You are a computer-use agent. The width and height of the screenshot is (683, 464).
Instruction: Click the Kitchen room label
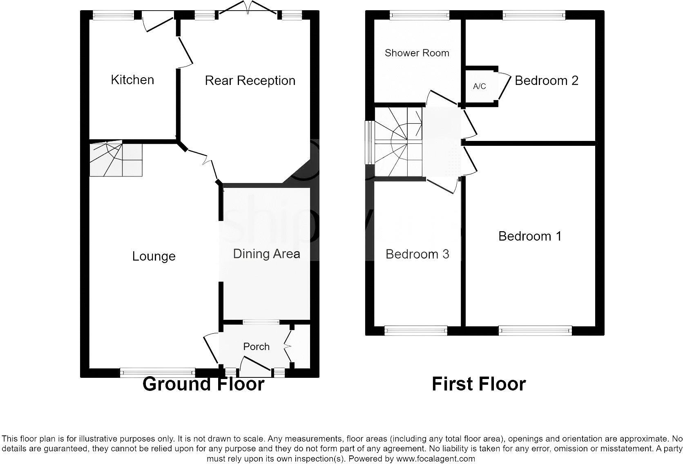(x=132, y=80)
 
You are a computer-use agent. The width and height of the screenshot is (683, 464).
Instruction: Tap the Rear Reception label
(x=250, y=80)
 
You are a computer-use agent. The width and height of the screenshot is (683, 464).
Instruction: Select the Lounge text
(x=154, y=256)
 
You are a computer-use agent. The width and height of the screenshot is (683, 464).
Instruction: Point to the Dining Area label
(x=266, y=254)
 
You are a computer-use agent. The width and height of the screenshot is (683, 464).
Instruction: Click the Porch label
(x=256, y=346)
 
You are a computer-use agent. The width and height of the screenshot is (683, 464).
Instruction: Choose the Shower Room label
(x=417, y=53)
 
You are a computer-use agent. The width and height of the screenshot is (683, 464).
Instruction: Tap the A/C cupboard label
(x=479, y=86)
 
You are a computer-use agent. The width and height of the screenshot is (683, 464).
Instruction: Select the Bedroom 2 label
(x=546, y=80)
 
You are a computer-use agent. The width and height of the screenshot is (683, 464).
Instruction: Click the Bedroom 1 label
(x=530, y=236)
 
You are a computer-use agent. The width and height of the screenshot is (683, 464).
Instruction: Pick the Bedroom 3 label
(x=417, y=254)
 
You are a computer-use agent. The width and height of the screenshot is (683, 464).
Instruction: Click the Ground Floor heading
(x=203, y=384)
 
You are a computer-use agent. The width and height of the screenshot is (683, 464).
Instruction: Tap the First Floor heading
(x=478, y=384)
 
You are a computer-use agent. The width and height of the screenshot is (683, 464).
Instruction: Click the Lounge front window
(x=157, y=372)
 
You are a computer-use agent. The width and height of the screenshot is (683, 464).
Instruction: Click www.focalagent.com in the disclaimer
(x=435, y=458)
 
